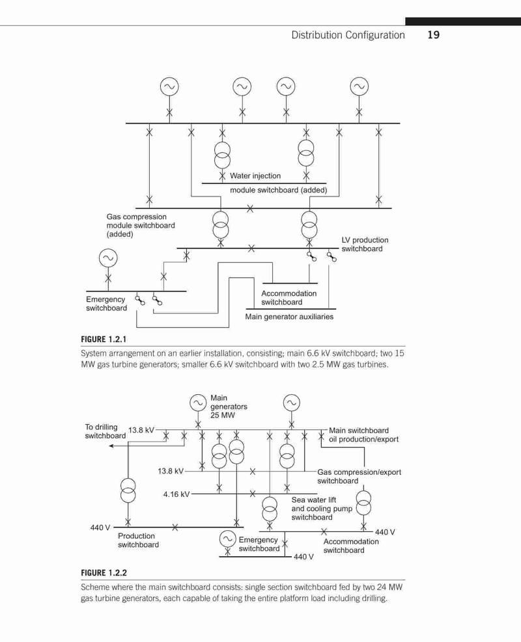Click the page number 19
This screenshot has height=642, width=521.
pyautogui.click(x=433, y=35)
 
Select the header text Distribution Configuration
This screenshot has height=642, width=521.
pyautogui.click(x=348, y=35)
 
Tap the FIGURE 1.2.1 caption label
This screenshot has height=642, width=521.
pyautogui.click(x=104, y=339)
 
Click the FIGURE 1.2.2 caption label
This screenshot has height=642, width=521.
pyautogui.click(x=104, y=572)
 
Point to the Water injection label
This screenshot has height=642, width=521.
pyautogui.click(x=255, y=176)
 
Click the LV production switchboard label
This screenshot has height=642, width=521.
pyautogui.click(x=365, y=245)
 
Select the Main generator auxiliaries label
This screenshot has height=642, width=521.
pyautogui.click(x=289, y=317)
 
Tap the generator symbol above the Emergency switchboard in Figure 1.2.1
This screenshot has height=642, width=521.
pyautogui.click(x=108, y=258)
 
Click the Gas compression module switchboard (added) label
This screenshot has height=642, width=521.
pyautogui.click(x=141, y=225)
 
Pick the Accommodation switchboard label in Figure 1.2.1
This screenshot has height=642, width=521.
pyautogui.click(x=289, y=298)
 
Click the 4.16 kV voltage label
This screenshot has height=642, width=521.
pyautogui.click(x=176, y=494)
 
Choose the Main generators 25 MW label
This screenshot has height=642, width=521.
pyautogui.click(x=229, y=407)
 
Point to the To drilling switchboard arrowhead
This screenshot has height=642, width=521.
pyautogui.click(x=112, y=446)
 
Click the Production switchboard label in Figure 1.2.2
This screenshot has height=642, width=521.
pyautogui.click(x=138, y=540)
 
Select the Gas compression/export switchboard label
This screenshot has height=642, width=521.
pyautogui.click(x=359, y=476)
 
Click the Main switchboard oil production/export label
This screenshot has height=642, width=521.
pyautogui.click(x=363, y=435)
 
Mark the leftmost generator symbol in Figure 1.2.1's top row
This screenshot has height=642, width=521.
pyautogui.click(x=169, y=87)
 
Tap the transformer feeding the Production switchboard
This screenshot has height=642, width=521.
pyautogui.click(x=128, y=490)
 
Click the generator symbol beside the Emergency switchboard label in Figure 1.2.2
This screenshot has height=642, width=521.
pyautogui.click(x=227, y=539)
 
